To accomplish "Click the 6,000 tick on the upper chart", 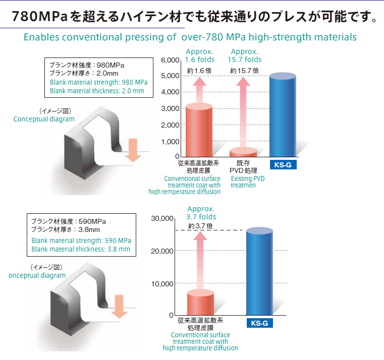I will [x=170, y=60].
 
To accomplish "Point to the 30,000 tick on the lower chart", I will [x=162, y=218].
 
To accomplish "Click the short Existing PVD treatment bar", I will [x=243, y=152].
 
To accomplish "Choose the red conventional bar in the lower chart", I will [x=200, y=303].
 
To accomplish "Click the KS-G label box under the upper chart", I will [x=283, y=165].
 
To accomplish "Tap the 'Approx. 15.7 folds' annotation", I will [x=244, y=55].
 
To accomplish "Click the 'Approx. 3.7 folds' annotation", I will [x=201, y=213].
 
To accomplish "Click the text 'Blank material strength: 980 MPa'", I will [x=98, y=82].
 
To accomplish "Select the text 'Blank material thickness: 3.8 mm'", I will [x=81, y=249].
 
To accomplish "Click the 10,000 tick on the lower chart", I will [x=162, y=283].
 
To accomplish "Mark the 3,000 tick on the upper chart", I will [x=170, y=108].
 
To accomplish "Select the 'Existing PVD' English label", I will [x=248, y=178].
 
